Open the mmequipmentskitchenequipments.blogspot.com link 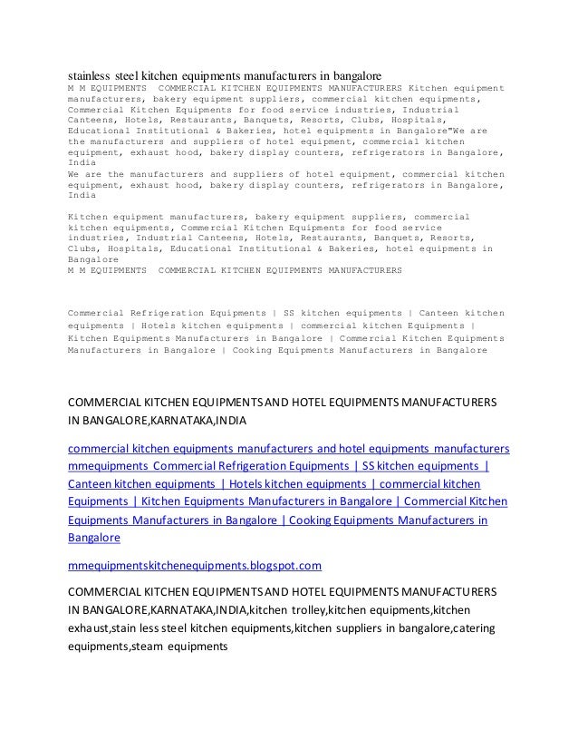coord(195,566)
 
